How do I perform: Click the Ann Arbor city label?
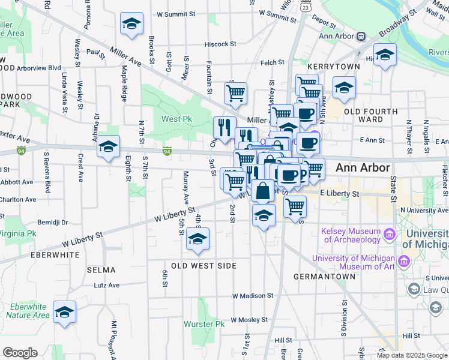363,167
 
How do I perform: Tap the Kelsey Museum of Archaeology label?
351,235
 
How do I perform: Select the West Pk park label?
176,119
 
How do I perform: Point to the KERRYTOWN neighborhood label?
333,67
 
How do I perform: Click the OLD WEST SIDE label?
200,265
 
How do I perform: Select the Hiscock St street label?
220,44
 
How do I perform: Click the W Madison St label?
253,296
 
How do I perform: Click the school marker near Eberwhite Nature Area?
64,313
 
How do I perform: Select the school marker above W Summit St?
131,24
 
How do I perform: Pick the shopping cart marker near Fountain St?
235,92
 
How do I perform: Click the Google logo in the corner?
20,353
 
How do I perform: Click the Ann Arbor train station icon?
361,36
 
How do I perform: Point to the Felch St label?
272,63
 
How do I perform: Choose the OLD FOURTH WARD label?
370,115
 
